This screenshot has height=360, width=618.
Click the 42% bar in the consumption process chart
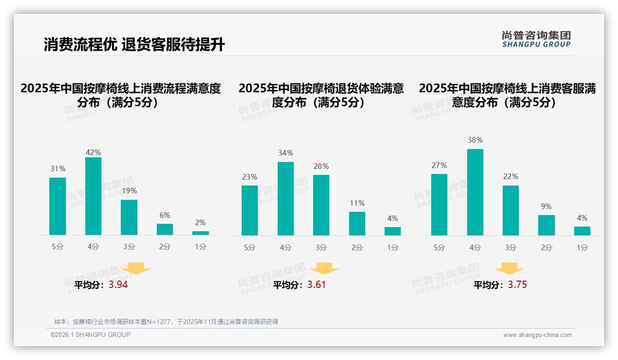pos(93,196)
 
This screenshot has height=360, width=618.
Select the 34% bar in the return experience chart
pos(285,198)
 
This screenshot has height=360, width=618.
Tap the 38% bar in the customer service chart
pos(475,192)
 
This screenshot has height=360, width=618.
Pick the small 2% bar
pos(200,233)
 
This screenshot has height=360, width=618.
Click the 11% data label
pos(357,203)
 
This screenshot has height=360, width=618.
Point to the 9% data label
pos(546,206)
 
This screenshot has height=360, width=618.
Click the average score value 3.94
pos(118,285)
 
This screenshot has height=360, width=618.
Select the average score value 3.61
pos(316,285)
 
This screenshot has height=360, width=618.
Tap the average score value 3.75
pos(517,285)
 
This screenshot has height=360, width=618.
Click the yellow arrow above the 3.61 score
pos(324,269)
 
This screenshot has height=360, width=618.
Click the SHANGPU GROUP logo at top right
pos(536,39)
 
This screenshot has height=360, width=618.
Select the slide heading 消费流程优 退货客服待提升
pos(134,45)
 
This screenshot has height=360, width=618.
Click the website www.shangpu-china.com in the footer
pos(537,335)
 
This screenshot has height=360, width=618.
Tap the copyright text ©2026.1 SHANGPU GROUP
pos(90,335)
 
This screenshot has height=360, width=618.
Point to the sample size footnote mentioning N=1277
pos(166,322)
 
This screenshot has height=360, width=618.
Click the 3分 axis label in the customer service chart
pos(511,247)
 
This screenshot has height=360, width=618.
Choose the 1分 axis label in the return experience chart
pos(392,247)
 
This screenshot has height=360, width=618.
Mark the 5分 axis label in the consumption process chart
pos(58,247)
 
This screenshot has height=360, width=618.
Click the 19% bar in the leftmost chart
pos(129,217)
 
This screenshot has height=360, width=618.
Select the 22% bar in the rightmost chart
pos(511,210)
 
